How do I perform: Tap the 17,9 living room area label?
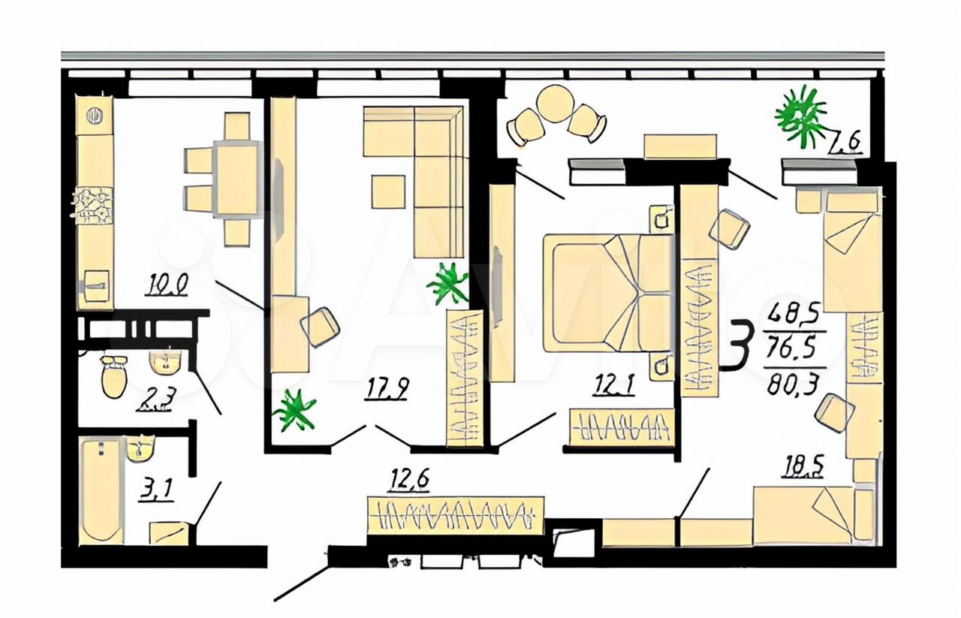(x=386, y=389)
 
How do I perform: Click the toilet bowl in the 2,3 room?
(x=114, y=376)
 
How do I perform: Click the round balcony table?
(x=555, y=104)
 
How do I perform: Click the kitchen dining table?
(x=238, y=179)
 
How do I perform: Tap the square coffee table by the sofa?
(x=388, y=192)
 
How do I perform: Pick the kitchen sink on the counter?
(x=97, y=285)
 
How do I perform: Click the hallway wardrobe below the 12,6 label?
(x=455, y=516)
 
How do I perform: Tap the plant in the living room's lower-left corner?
(x=295, y=410)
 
